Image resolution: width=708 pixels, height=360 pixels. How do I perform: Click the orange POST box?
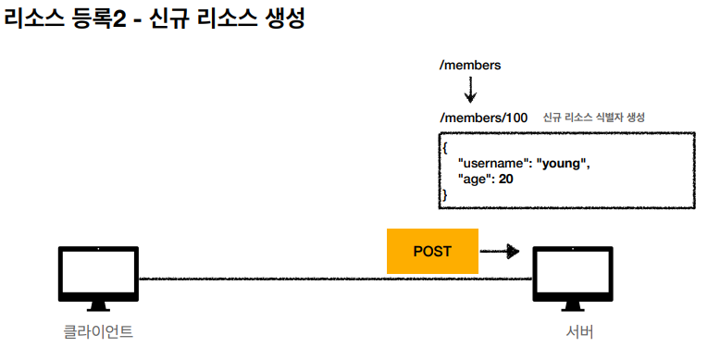[x=432, y=251]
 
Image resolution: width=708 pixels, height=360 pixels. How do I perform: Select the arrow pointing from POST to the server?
[x=500, y=251]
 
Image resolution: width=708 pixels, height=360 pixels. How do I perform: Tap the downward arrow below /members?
[x=470, y=90]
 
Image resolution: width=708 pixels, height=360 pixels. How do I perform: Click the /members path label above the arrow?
[x=470, y=65]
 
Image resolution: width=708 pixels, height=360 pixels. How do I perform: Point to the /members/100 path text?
[x=484, y=118]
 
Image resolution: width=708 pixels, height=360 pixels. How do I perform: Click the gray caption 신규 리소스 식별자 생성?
[x=594, y=118]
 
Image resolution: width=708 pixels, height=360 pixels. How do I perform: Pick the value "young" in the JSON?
[x=561, y=163]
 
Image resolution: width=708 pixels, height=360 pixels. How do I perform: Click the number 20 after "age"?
[x=505, y=179]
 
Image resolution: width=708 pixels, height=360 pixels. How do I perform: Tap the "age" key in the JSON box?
[x=475, y=180]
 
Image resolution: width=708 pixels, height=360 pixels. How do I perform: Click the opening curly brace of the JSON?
[x=445, y=148]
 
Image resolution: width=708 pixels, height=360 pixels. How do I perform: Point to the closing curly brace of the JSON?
[x=445, y=194]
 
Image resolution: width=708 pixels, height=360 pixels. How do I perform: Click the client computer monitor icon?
[x=98, y=279]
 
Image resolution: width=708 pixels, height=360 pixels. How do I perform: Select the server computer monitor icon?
[x=573, y=279]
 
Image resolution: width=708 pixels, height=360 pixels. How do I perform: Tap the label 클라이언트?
[x=98, y=332]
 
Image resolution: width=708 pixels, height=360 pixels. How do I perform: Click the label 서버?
[x=579, y=332]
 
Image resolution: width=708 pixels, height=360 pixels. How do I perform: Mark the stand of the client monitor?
[x=98, y=306]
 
